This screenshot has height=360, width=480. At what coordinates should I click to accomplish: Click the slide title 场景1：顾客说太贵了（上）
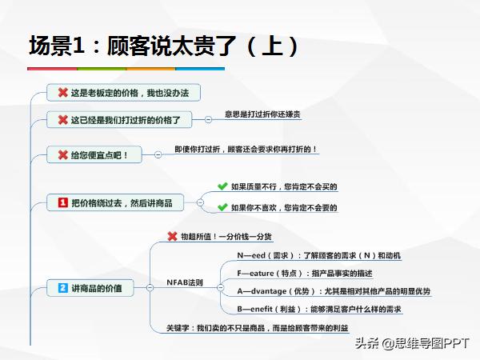point(163,46)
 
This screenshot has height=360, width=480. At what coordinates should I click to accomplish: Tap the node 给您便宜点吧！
point(94,154)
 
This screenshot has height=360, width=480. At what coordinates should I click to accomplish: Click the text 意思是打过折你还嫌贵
point(262,115)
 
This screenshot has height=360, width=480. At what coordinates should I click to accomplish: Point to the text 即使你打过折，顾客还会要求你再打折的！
point(246,150)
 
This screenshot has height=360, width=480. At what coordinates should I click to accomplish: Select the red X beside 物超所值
point(171,236)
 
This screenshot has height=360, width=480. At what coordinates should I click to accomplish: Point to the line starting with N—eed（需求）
point(318,256)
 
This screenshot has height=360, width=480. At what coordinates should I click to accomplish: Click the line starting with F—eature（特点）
point(305,274)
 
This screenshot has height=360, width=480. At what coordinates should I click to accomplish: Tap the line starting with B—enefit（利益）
point(319,310)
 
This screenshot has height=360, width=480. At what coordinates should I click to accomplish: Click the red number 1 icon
point(62,203)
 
